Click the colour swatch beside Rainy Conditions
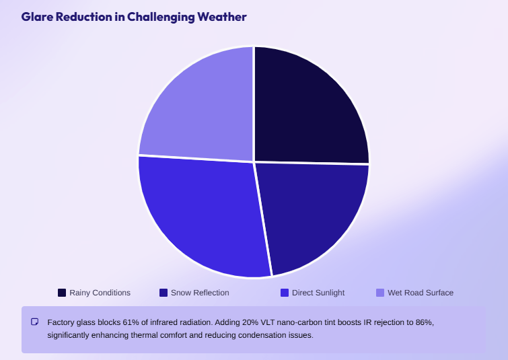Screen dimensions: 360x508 (x=62, y=293)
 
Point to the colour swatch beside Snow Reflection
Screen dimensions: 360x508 (x=164, y=293)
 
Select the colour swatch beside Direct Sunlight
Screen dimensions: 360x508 (x=285, y=293)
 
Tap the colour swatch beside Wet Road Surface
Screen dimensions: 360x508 (x=380, y=293)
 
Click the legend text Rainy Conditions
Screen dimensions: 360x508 (x=100, y=293)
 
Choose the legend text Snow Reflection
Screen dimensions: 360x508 (x=200, y=293)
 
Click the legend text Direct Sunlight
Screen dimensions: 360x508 (x=318, y=293)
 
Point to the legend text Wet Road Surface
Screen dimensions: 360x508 (x=421, y=293)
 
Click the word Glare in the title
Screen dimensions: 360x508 (x=35, y=17)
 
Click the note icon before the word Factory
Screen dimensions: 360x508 (x=35, y=322)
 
